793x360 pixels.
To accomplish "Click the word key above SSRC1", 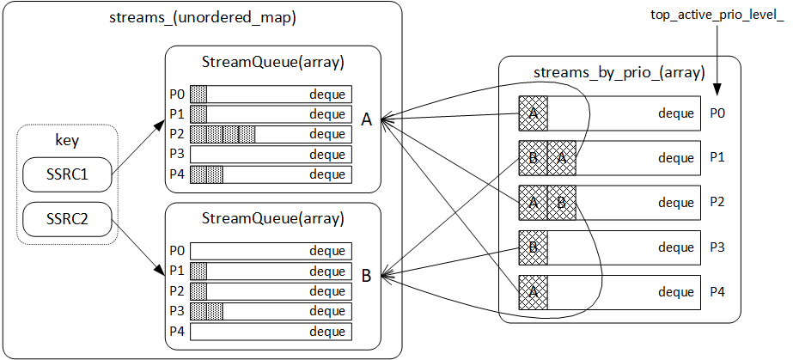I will coord(66,141).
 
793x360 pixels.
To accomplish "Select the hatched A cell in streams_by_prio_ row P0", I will coord(533,113).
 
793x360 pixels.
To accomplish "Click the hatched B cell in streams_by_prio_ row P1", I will coord(533,158).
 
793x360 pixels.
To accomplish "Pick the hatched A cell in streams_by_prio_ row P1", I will coord(561,158).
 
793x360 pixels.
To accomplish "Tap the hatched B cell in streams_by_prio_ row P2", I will coord(561,203).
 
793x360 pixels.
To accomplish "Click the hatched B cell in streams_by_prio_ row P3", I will coord(533,247).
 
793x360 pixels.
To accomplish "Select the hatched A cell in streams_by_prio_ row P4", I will coord(533,292).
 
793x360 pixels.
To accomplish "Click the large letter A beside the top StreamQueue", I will coord(366,120).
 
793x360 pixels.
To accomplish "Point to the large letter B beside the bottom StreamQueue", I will coord(366,277).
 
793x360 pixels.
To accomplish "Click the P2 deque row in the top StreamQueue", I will coord(271,134).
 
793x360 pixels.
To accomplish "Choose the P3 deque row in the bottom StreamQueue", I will coord(271,310).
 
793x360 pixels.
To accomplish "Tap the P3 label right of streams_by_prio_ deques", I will coord(718,247).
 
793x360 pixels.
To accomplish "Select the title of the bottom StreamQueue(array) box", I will coord(272,218).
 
